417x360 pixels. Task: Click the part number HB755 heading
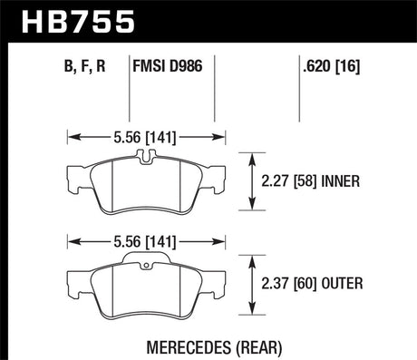point(61,20)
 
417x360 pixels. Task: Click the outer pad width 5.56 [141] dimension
point(147,242)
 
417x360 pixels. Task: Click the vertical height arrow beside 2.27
point(252,180)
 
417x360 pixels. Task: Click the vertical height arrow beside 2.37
point(252,285)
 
